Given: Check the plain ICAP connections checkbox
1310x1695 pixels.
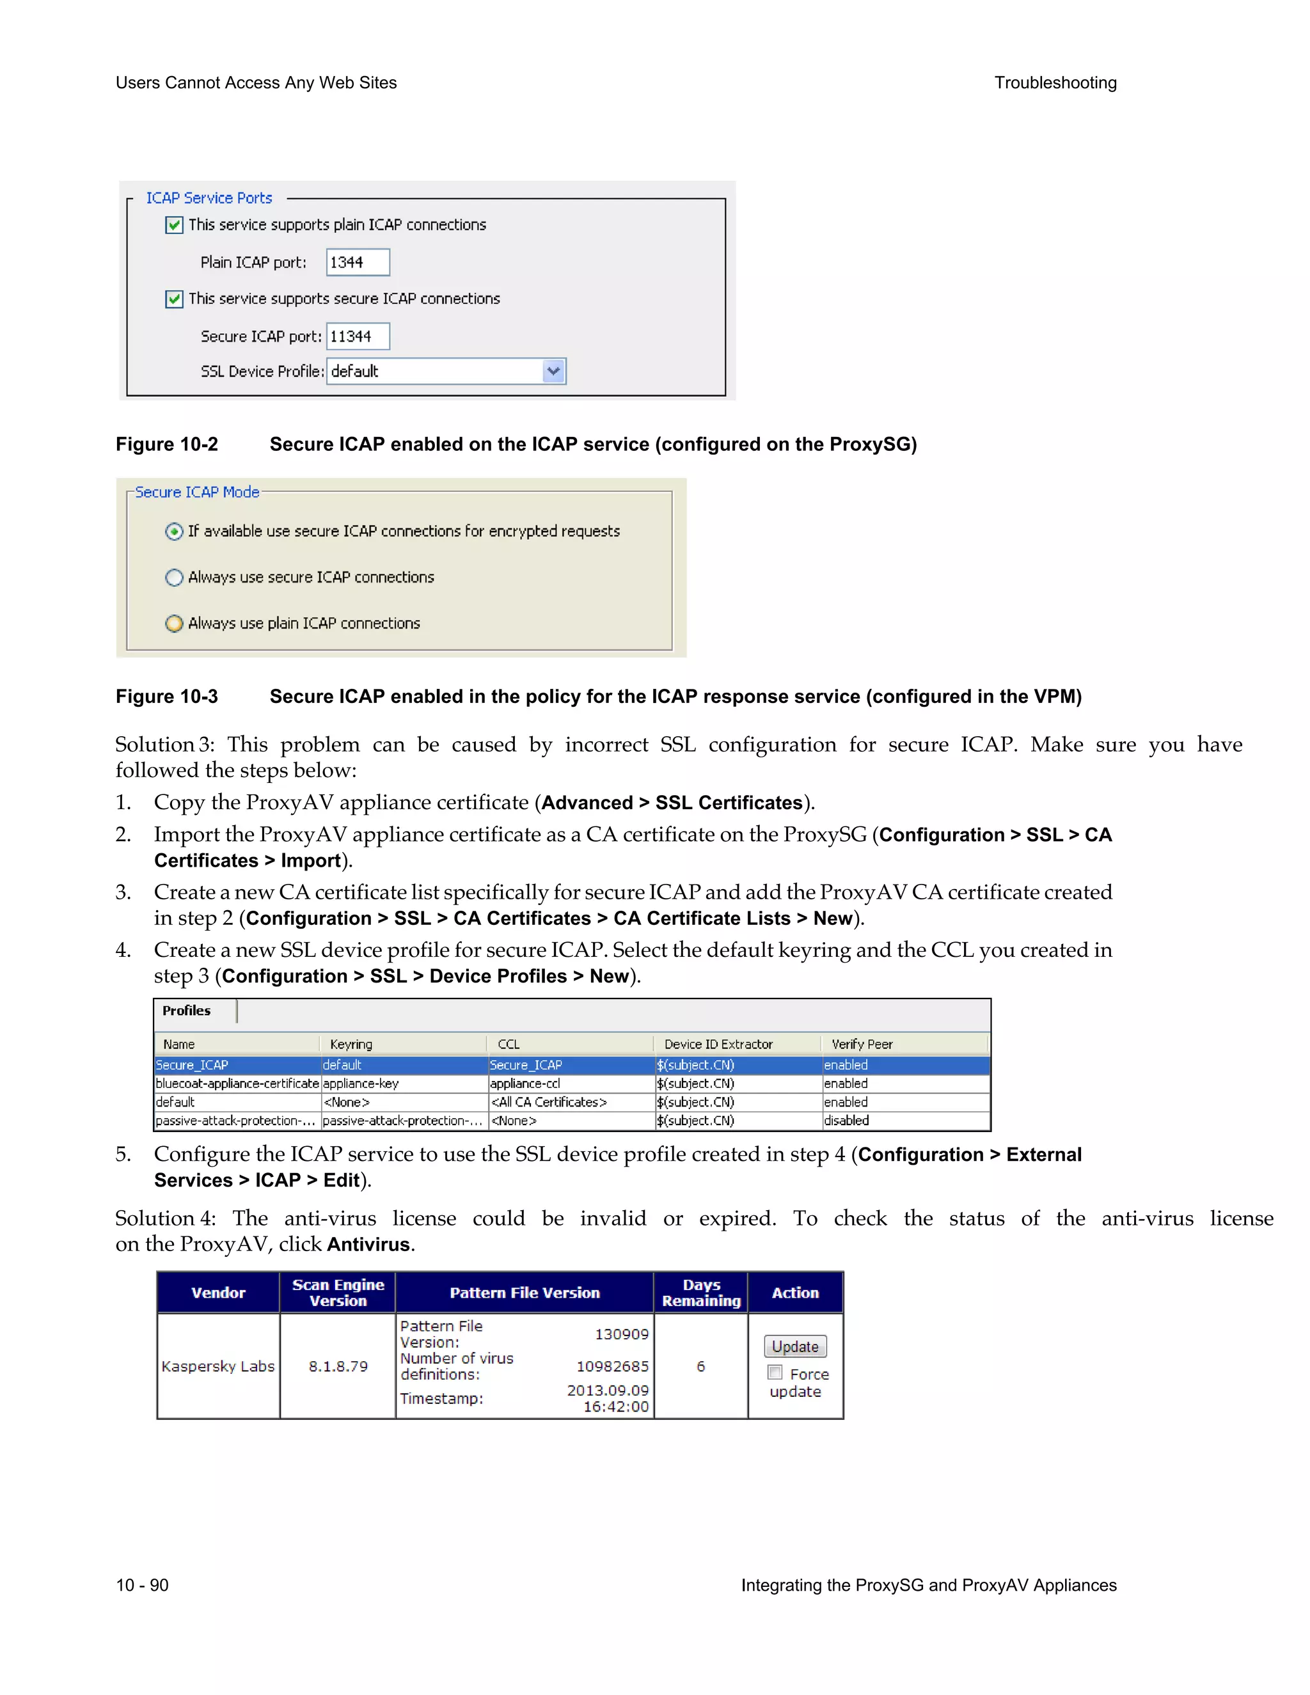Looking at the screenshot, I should tap(175, 225).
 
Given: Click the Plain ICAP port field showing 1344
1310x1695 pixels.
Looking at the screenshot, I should tap(357, 262).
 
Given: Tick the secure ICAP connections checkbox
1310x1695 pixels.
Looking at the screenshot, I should tap(175, 299).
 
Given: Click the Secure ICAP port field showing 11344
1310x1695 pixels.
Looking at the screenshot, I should tap(357, 336).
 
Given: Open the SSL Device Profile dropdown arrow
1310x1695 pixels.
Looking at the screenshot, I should tap(553, 371).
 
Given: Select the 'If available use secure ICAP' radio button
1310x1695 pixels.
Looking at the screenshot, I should tap(175, 532).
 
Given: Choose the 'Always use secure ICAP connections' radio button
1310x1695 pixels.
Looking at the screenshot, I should tap(175, 578).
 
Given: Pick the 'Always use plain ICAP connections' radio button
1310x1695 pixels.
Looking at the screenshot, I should tap(175, 623).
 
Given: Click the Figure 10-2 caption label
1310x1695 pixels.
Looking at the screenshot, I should tap(167, 444).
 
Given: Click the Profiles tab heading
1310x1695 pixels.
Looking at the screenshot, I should tap(187, 1011).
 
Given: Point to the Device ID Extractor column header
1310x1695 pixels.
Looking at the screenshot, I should tap(718, 1045).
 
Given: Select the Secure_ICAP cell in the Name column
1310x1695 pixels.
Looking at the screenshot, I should tap(193, 1065).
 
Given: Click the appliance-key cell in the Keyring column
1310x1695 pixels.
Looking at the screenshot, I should tap(361, 1084).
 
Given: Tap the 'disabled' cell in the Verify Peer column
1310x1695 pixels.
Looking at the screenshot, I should tap(847, 1121).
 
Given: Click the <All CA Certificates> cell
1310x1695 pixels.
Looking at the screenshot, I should tap(549, 1102).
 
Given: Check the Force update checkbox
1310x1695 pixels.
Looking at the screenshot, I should tap(775, 1372).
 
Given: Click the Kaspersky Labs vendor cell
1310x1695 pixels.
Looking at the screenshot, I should tap(218, 1366).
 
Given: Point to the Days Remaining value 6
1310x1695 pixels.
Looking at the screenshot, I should tap(701, 1366).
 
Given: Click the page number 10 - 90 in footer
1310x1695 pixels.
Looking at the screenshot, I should tap(142, 1585).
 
